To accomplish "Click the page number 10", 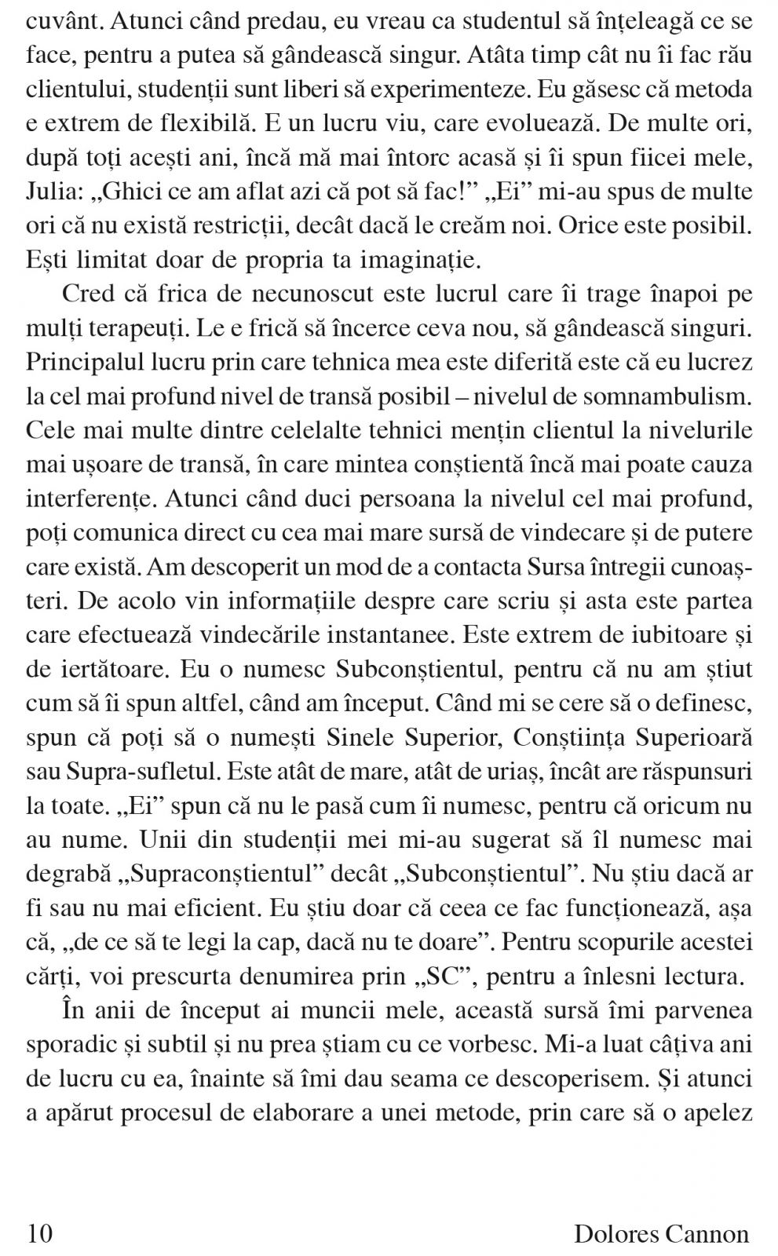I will tap(39, 1233).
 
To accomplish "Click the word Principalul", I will tap(90, 363).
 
